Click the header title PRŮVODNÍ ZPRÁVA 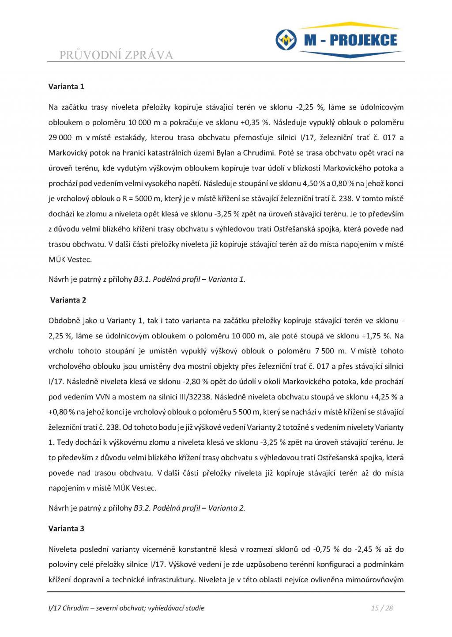[x=116, y=55]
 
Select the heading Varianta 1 [x=66, y=87]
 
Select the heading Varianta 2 [x=68, y=300]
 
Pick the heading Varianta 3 [x=66, y=528]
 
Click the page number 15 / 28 [x=382, y=608]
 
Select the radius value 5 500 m [x=242, y=412]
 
